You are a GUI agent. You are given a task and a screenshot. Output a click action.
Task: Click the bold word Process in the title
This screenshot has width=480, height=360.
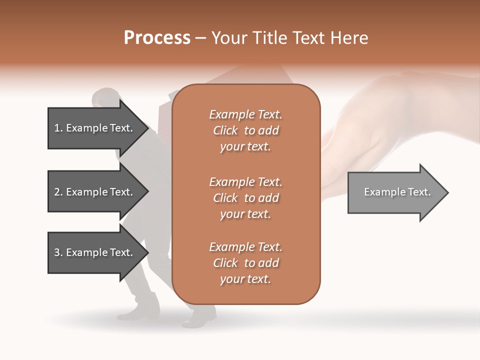click(x=157, y=38)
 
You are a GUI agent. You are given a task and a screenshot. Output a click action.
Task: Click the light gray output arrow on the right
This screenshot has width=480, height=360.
click(x=395, y=192)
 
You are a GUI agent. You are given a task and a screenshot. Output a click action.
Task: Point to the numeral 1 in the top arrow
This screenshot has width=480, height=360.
click(x=57, y=128)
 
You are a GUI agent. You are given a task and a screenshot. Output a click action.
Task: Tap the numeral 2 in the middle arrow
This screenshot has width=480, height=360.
click(x=57, y=192)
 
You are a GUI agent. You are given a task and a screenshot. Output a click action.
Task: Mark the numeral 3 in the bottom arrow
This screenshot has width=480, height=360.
click(x=57, y=253)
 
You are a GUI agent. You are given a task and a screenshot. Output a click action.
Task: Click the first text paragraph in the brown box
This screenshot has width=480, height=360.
click(x=245, y=130)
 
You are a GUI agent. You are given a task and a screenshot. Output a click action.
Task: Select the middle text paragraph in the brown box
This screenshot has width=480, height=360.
click(x=245, y=198)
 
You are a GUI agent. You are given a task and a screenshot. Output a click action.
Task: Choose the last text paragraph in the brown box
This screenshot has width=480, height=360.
click(x=245, y=263)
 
